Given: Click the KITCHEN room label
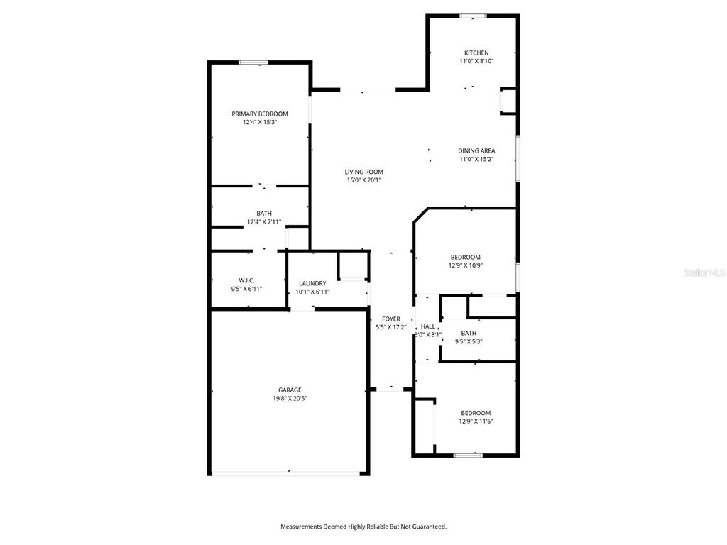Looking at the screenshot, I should click(x=476, y=53).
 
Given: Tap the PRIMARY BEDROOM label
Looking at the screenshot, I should click(x=260, y=114).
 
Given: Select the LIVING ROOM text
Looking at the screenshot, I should click(x=364, y=172).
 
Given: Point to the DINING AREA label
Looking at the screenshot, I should click(x=476, y=150).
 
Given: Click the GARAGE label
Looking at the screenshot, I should click(x=290, y=390).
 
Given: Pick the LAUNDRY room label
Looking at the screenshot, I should click(x=312, y=283).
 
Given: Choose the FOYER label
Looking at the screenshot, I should click(x=390, y=319).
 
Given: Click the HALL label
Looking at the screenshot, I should click(x=428, y=326).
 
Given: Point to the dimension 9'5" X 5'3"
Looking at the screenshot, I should click(x=469, y=341).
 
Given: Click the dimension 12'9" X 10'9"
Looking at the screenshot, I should click(x=466, y=265).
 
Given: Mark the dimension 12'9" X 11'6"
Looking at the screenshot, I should click(x=476, y=422).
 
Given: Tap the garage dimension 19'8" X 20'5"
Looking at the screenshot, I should click(x=290, y=398).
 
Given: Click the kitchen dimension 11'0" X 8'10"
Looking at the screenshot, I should click(x=476, y=62).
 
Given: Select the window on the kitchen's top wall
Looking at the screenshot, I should click(x=472, y=16).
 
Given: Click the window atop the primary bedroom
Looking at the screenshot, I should click(x=253, y=62).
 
